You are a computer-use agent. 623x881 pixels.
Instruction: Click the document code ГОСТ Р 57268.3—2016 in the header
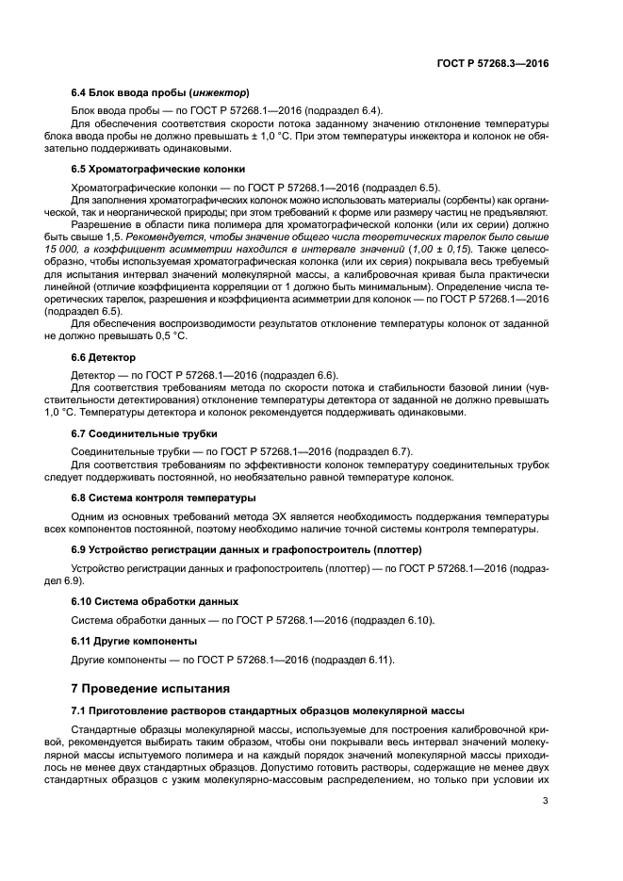pos(493,63)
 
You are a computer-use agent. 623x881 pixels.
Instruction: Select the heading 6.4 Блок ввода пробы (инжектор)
pos(160,92)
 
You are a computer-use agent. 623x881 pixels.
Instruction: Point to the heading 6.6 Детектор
pos(104,358)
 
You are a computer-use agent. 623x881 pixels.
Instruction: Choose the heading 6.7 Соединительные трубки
pos(144,433)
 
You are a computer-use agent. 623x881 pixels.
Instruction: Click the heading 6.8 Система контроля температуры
pos(163,497)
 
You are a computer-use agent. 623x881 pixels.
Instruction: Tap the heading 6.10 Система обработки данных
pos(155,600)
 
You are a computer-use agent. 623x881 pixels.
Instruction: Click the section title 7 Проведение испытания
pos(151,687)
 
